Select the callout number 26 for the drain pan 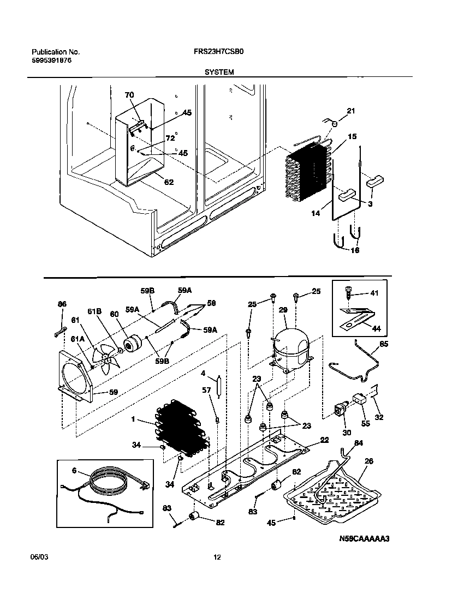369,461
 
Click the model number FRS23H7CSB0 215,52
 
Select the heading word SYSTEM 219,72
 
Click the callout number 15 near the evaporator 352,136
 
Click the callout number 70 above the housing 129,95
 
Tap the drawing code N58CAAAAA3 365,539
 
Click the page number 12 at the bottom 217,557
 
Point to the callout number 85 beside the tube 384,344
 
